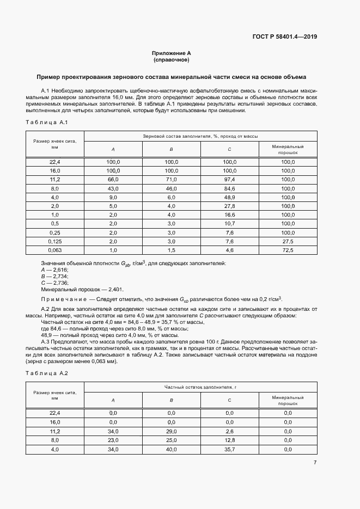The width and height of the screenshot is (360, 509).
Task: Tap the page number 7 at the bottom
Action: (x=315, y=462)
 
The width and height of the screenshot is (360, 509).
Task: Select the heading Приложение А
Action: (x=171, y=53)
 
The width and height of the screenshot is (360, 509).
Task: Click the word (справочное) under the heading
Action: (x=171, y=60)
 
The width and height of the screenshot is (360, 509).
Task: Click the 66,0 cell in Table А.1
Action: (x=113, y=179)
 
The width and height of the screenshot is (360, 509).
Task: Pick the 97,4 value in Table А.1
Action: (x=229, y=179)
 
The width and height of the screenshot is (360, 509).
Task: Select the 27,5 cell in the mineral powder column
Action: (x=288, y=241)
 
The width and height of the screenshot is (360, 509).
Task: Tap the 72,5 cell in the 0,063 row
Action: (x=288, y=250)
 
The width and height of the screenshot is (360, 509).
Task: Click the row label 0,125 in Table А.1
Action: (x=54, y=241)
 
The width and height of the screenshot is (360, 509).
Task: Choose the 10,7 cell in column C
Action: (x=229, y=223)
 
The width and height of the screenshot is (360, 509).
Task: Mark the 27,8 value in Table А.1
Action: (x=229, y=206)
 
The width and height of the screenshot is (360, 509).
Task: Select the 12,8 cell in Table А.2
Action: (x=229, y=440)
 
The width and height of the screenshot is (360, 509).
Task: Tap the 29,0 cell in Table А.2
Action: (x=171, y=431)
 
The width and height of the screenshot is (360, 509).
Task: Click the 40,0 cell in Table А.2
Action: (x=171, y=449)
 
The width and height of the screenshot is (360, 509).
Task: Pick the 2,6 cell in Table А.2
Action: (x=229, y=431)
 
